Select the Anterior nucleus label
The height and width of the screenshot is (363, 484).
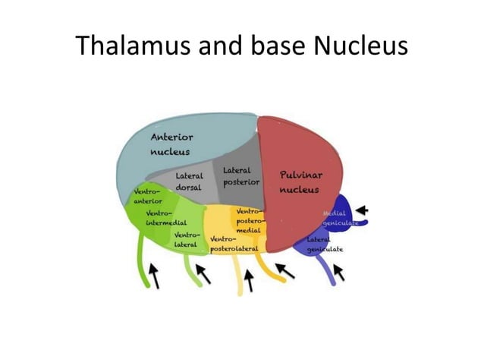pos(172,144)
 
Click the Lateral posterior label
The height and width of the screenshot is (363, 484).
pos(241,177)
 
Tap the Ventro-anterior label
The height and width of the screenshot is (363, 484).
pos(148,196)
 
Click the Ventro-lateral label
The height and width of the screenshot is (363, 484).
pos(187,240)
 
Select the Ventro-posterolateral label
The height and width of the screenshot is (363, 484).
pos(234,244)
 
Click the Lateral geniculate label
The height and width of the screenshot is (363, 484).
pos(325,244)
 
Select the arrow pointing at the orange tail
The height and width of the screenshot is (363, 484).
pos(284,270)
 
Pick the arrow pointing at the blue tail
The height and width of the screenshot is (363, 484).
pos(340,272)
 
